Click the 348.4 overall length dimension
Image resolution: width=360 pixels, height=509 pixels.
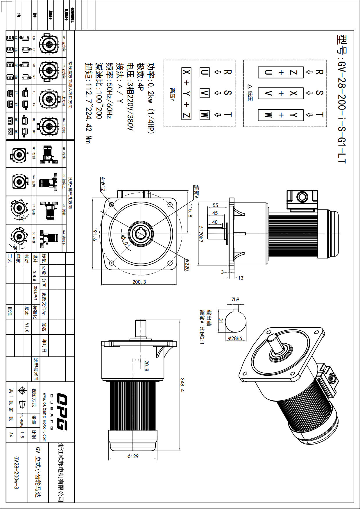182,385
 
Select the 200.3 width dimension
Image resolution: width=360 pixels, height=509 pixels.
139,282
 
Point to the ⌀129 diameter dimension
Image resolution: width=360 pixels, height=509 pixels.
133,456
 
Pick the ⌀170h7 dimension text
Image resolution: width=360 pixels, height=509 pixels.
200,234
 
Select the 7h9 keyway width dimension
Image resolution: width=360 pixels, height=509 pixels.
235,300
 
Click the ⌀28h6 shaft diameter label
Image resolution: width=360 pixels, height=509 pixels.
235,338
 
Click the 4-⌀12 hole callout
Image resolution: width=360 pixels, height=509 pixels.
103,184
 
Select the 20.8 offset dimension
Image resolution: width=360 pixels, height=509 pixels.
146,366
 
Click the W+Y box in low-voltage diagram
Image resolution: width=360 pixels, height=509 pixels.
281,115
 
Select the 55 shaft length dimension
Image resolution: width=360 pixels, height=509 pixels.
215,205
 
